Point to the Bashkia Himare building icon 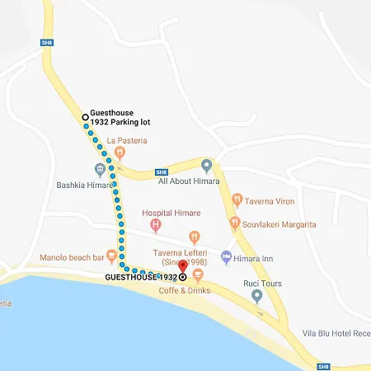point(100,171)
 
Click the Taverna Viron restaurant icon point(237,199)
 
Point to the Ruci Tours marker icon point(256,296)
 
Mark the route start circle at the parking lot point(85,118)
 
